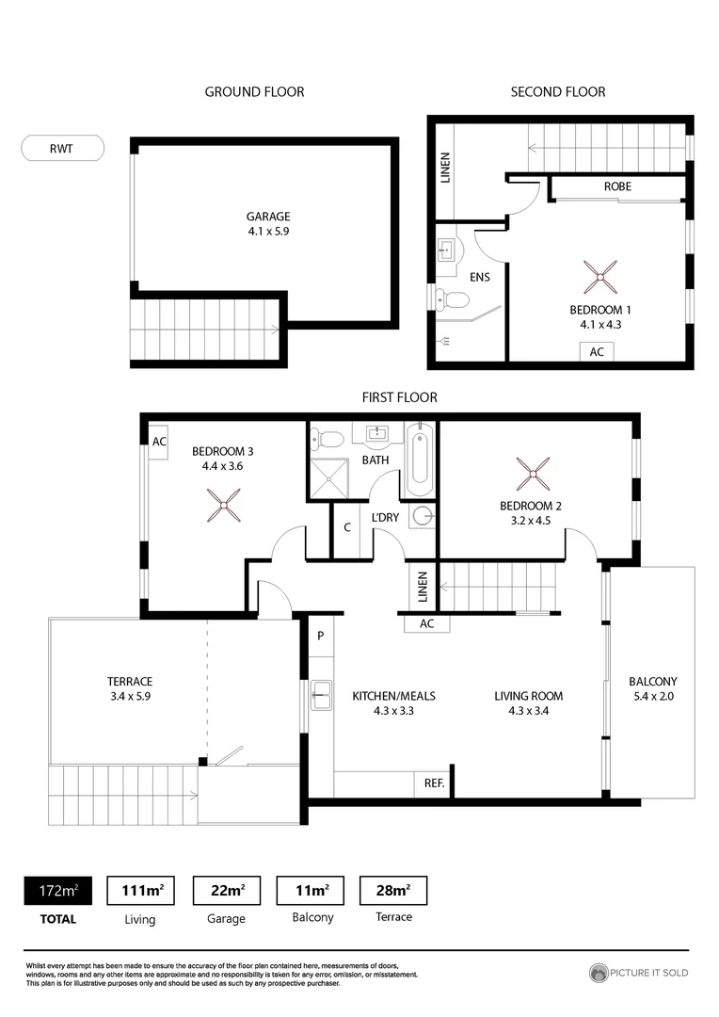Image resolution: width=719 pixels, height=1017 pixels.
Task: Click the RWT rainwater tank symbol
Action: (x=62, y=148)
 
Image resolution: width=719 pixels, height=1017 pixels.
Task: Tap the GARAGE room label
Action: (x=268, y=216)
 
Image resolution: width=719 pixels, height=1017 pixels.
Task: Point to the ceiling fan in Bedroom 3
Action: (x=224, y=506)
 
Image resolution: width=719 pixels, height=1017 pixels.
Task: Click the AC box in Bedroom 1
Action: (x=597, y=351)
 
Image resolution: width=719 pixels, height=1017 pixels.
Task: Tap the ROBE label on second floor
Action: (x=617, y=186)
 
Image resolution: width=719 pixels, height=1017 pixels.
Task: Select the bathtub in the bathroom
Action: (x=420, y=460)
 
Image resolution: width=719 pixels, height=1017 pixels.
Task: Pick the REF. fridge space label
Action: (x=434, y=783)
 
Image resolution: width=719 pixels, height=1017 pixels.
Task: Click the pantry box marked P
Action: (x=320, y=636)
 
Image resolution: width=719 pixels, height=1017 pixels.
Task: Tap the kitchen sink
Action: (x=321, y=696)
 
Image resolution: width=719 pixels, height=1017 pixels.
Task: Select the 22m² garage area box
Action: (x=226, y=890)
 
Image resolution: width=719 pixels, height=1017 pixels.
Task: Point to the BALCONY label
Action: (x=653, y=682)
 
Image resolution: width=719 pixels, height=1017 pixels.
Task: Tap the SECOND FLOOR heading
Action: (x=558, y=91)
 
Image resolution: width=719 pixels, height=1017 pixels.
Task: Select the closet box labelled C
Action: (x=347, y=528)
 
